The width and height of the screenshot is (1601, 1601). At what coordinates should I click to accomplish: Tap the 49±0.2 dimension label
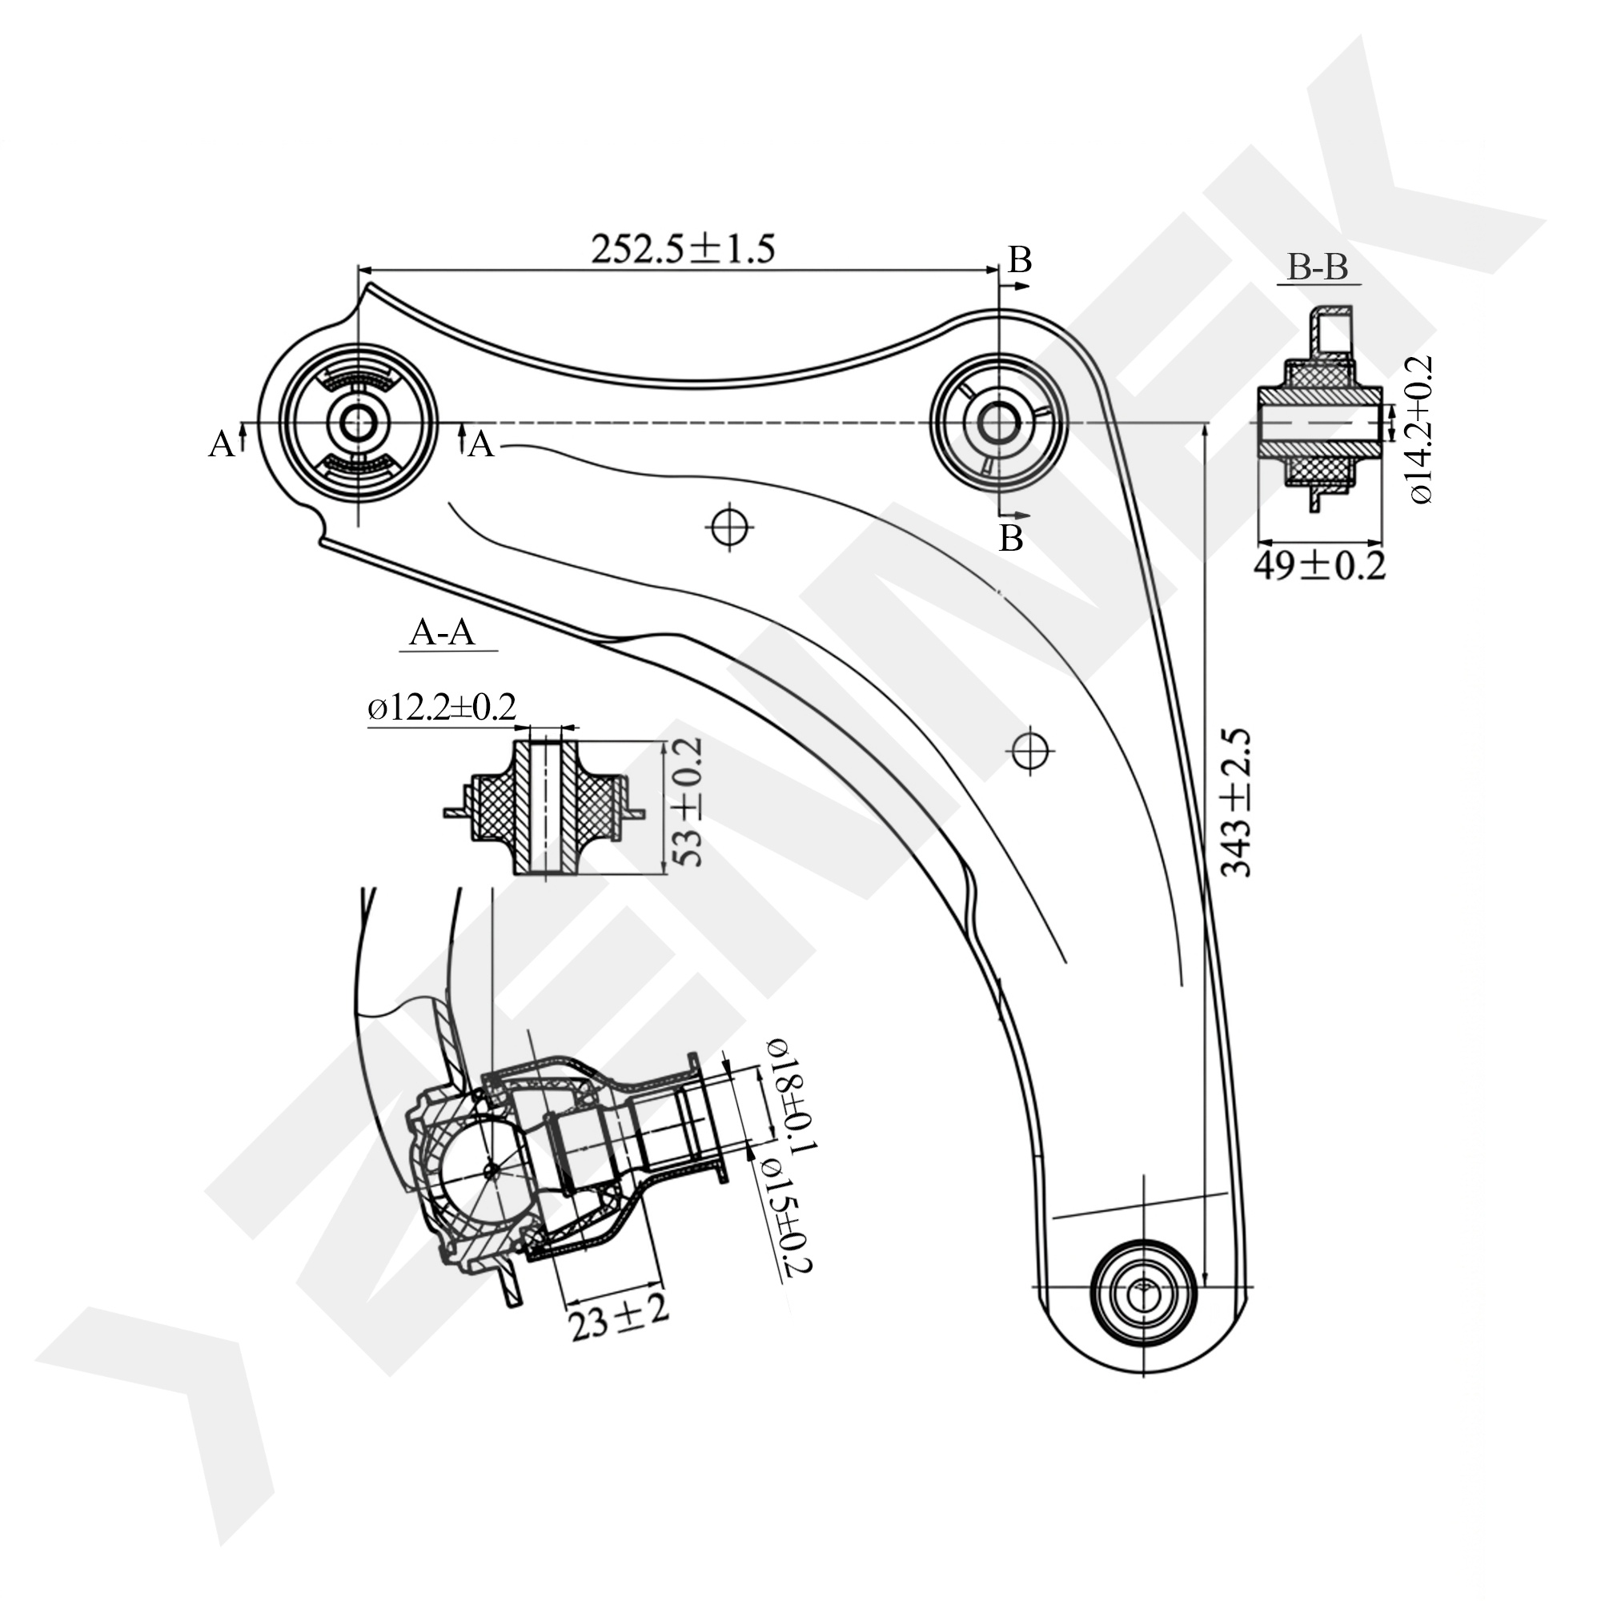tap(1318, 566)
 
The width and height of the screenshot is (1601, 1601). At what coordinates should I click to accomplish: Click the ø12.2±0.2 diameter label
tap(442, 708)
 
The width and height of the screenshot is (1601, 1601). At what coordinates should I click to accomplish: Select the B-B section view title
tap(1318, 267)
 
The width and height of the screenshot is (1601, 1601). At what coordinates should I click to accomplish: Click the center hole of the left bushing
tap(358, 423)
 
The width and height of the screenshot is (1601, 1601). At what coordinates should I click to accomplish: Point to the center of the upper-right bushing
tap(998, 423)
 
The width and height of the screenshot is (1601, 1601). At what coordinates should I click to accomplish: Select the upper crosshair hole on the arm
tap(730, 525)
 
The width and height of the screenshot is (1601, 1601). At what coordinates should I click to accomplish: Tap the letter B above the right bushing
tap(1019, 261)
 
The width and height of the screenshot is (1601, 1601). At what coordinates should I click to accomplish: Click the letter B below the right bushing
tap(1011, 539)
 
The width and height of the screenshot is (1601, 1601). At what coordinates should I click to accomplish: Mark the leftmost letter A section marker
tap(220, 445)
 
